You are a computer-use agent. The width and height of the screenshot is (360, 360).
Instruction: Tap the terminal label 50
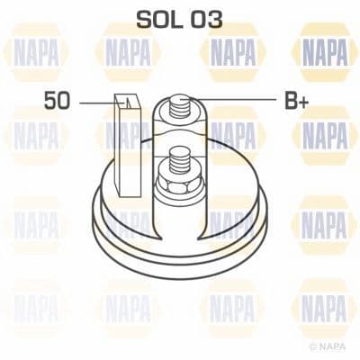[56, 102]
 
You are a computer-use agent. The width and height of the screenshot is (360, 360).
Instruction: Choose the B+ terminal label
[298, 102]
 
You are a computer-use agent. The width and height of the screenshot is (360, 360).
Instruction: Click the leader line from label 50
[94, 103]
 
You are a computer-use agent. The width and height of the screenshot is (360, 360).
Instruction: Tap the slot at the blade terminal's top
[130, 100]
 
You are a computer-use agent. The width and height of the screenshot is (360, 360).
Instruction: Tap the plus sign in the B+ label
[306, 102]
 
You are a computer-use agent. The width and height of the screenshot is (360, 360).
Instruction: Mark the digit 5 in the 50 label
[49, 102]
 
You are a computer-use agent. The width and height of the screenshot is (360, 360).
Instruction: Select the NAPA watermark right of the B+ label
[325, 136]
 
